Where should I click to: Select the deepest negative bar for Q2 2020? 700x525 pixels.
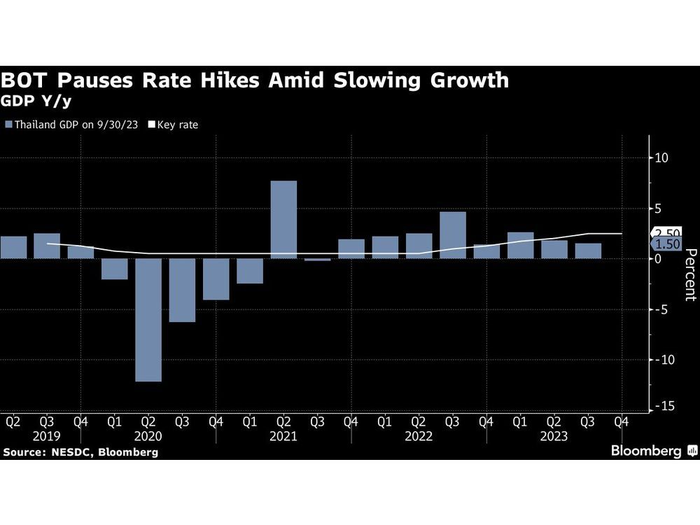point(148,320)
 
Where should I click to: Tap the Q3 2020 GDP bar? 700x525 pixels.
point(182,290)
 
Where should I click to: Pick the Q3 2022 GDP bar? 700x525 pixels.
point(453,235)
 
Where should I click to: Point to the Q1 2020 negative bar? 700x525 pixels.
point(114,269)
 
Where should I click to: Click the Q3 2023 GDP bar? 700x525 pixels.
point(588,251)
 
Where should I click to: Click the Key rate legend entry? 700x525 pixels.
point(173,125)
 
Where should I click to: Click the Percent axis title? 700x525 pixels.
point(689,274)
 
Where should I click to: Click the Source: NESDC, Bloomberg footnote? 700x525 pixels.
point(80,452)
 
